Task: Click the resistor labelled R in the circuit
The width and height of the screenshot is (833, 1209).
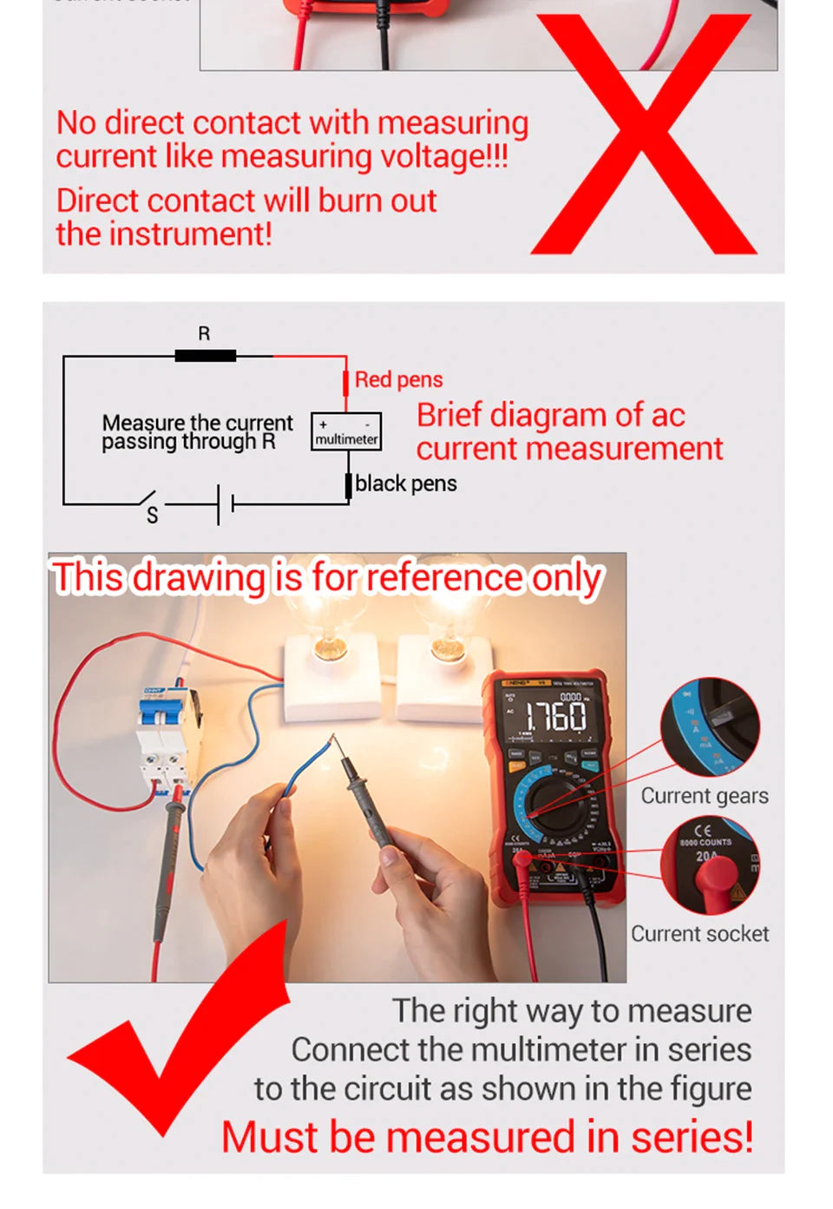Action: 205,355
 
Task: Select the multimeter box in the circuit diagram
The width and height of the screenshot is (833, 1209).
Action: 346,431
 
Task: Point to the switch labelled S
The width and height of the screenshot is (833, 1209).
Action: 148,502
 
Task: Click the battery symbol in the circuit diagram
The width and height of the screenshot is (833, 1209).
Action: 225,503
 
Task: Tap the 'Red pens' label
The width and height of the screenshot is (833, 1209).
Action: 398,380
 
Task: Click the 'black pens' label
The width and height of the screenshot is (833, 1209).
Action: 405,483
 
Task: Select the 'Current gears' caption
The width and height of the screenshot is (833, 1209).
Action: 704,796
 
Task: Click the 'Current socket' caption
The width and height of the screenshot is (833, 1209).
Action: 699,934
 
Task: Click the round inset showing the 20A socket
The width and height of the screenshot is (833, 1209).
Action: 710,865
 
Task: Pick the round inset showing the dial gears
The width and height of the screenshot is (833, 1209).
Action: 710,727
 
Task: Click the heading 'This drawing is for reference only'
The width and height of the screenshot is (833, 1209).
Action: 325,578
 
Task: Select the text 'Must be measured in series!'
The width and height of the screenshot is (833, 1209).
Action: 487,1137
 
